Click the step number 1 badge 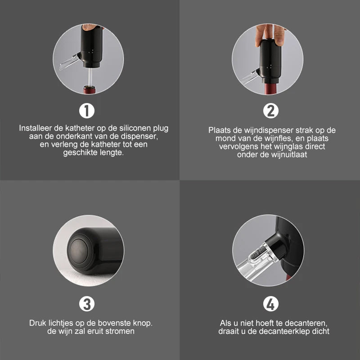click(87, 111)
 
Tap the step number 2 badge click(271, 111)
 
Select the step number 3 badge click(87, 304)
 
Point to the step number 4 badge click(271, 304)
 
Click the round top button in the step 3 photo click(79, 251)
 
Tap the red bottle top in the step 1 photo click(89, 90)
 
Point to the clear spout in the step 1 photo click(69, 62)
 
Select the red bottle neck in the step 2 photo click(270, 89)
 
